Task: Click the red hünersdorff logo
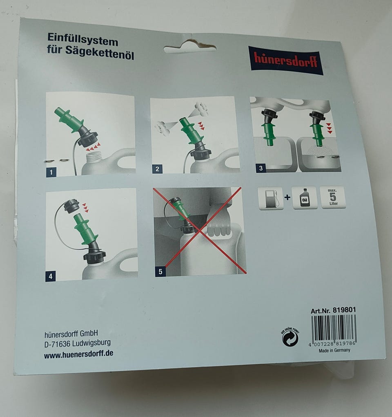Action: (x=286, y=60)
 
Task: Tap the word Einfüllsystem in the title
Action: (x=82, y=40)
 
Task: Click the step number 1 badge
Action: (x=51, y=172)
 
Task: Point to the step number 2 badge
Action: (x=157, y=169)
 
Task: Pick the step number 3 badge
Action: (x=261, y=168)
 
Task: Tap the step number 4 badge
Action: (x=51, y=277)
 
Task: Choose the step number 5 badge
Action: (x=160, y=271)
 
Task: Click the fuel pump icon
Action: (x=271, y=198)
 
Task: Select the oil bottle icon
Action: (x=304, y=197)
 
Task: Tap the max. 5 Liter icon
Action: (x=332, y=197)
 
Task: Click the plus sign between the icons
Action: (x=287, y=197)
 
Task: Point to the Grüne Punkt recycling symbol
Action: (x=290, y=338)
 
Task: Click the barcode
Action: (x=333, y=331)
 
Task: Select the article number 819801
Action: (x=344, y=310)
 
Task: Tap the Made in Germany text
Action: (x=334, y=350)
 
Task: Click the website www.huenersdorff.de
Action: (x=79, y=354)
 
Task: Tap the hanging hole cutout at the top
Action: (x=190, y=47)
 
